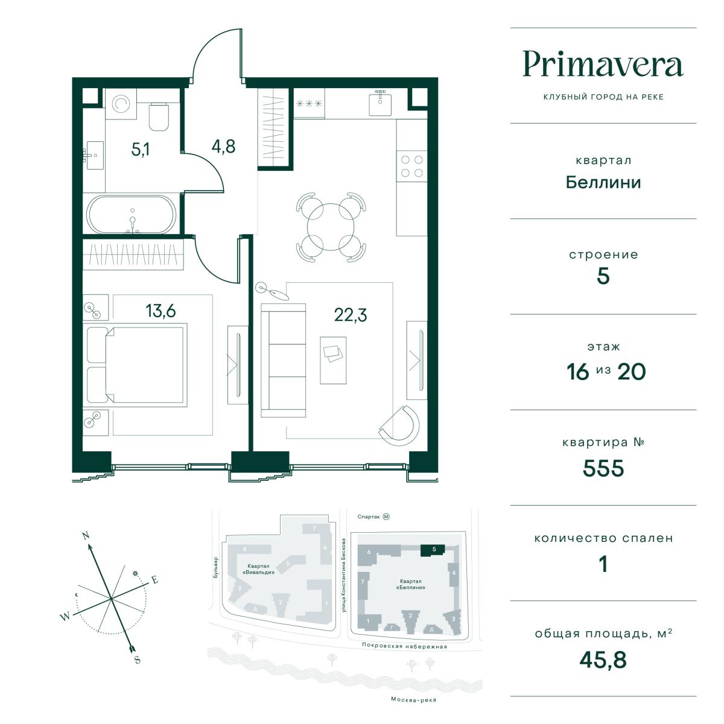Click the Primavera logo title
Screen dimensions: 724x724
pos(603,64)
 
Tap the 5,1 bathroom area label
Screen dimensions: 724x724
pos(140,149)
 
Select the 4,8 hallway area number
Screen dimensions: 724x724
pos(224,147)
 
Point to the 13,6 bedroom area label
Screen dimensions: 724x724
pos(161,311)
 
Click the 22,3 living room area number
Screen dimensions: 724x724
pos(350,315)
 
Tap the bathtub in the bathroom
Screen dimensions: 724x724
pos(131,215)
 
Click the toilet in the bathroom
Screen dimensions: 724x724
pos(159,116)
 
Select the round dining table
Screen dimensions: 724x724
pos(331,227)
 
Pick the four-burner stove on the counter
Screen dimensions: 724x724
pos(412,166)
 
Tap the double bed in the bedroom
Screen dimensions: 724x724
pos(137,365)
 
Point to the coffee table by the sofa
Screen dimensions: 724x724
pos(333,360)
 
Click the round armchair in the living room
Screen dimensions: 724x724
pos(400,425)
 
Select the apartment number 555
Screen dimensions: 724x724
pos(603,468)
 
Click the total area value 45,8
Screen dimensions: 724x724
pos(603,660)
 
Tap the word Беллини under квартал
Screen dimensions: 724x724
pos(603,183)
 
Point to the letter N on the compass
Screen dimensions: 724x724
pos(86,535)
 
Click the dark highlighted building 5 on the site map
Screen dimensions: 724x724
pos(433,550)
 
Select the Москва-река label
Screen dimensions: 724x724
pos(413,700)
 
